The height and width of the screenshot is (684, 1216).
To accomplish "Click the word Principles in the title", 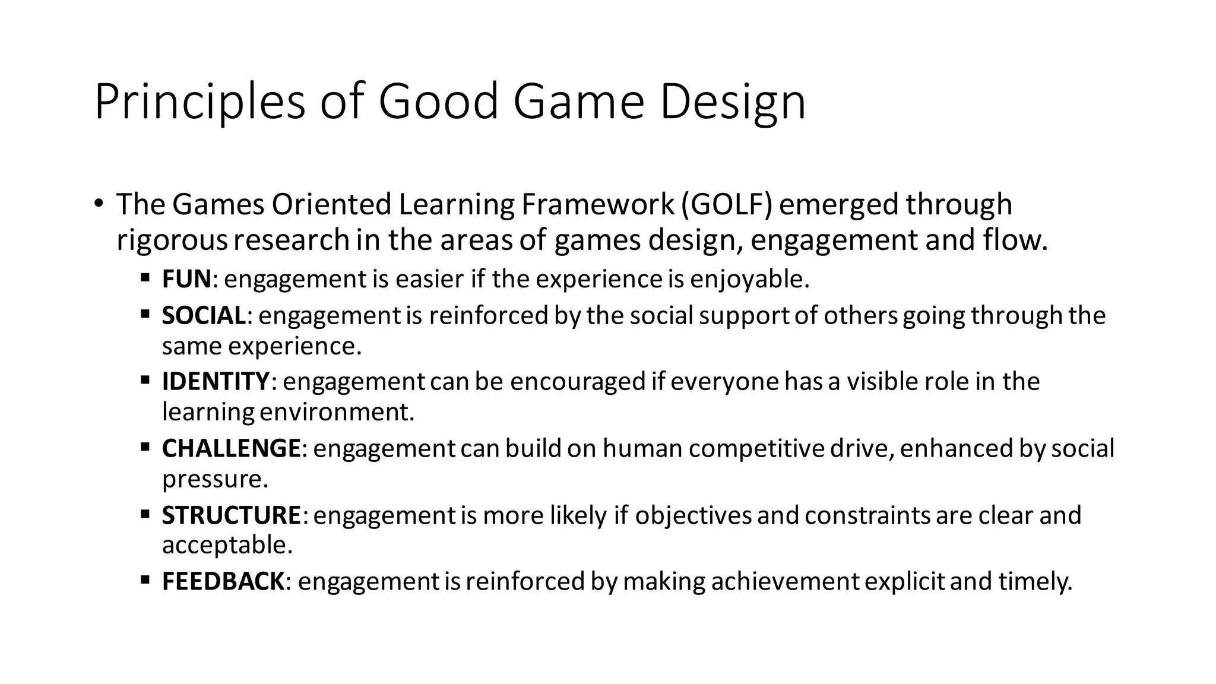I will pyautogui.click(x=199, y=102).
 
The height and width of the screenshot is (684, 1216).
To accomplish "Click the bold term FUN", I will pyautogui.click(x=186, y=279).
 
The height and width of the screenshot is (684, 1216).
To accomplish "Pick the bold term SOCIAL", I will pyautogui.click(x=204, y=315).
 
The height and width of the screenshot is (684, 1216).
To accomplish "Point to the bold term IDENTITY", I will pyautogui.click(x=216, y=381).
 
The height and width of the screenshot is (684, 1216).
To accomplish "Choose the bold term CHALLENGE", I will pyautogui.click(x=231, y=448).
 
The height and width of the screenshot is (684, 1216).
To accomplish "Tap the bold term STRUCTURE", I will pyautogui.click(x=232, y=515).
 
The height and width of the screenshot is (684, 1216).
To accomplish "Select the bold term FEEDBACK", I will pyautogui.click(x=223, y=581).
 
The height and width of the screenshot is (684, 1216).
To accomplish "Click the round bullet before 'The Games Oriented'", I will pyautogui.click(x=98, y=204).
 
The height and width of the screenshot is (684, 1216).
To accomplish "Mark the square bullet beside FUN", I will pyautogui.click(x=145, y=277).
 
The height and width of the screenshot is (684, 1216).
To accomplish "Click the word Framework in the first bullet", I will pyautogui.click(x=598, y=204).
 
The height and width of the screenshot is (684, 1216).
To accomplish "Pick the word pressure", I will pyautogui.click(x=215, y=479).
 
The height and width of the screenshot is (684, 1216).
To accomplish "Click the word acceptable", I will pyautogui.click(x=227, y=545).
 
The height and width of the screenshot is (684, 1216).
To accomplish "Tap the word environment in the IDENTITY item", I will pyautogui.click(x=337, y=412).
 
